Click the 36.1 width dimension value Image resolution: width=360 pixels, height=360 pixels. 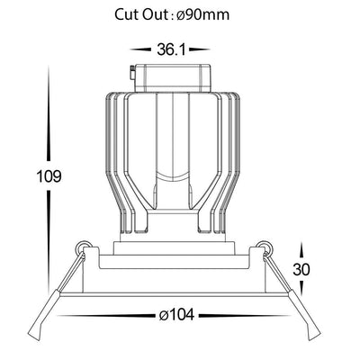[171, 49]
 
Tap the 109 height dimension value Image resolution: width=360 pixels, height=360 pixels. [49, 176]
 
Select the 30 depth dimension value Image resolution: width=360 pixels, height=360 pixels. [301, 269]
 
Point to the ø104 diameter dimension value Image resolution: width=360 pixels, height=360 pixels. [176, 315]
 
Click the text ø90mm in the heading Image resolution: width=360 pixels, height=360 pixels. [203, 14]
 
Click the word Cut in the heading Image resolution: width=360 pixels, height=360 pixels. [127, 14]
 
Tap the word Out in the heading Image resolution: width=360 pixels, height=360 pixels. [154, 14]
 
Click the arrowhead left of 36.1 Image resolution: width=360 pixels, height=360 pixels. [140, 49]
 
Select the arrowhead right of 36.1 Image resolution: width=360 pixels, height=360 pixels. [199, 49]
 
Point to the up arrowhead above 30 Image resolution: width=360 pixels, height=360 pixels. [302, 250]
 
